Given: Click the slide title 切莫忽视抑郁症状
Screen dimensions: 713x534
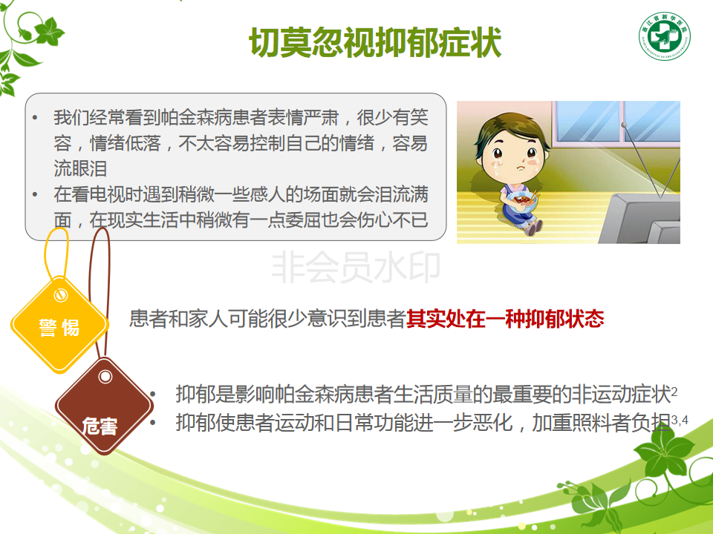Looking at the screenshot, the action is (x=375, y=42).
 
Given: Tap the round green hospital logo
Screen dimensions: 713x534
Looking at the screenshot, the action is (x=664, y=36).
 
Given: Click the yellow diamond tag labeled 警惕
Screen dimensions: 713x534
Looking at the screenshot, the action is (x=59, y=325).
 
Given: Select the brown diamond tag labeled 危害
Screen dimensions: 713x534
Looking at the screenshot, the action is (x=104, y=406).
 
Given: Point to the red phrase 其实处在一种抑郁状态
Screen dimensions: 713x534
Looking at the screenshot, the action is (x=505, y=319).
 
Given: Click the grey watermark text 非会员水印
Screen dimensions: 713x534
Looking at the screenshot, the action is (x=356, y=268).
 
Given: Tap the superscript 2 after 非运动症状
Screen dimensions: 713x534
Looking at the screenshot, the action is (x=674, y=392).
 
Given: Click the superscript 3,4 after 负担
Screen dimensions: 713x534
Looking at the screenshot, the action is (x=680, y=420).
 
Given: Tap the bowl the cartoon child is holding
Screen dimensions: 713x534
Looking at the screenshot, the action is (x=521, y=201).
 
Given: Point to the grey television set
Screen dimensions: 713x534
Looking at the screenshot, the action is (x=640, y=218).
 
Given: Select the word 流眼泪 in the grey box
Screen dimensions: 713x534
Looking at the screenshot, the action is (x=80, y=168).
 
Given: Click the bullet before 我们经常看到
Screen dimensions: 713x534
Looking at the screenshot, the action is (x=35, y=118).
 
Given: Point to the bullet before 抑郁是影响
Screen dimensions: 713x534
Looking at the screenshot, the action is (x=153, y=395).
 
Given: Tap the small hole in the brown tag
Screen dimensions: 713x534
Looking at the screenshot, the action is (x=105, y=377).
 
